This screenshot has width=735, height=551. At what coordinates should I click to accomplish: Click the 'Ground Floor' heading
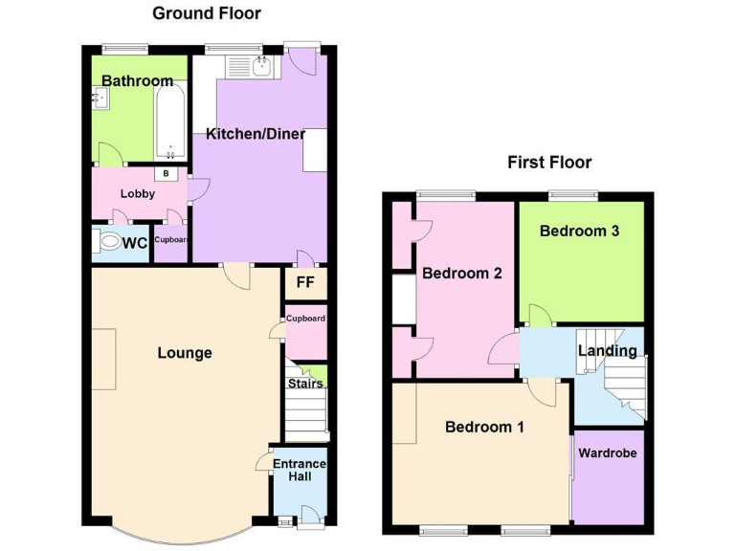point(207,13)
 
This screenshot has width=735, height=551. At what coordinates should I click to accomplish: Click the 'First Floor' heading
point(549,163)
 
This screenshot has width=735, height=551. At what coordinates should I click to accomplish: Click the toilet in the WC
point(110,244)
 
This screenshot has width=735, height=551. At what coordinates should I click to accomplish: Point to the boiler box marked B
point(167,174)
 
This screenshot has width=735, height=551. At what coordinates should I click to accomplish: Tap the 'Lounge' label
point(185,353)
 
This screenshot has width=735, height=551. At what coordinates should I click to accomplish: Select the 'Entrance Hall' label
point(300,471)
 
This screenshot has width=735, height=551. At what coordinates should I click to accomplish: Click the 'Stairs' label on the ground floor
point(306,384)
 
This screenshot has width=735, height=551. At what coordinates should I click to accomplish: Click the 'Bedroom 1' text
point(484,427)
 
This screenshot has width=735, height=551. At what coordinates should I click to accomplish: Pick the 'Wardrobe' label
point(607,452)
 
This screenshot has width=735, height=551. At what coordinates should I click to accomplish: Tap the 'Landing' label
point(607,351)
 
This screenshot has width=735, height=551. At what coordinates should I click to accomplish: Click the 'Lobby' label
point(138,194)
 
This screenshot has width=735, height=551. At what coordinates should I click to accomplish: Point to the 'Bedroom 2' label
point(462,273)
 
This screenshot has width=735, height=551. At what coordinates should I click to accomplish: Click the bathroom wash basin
point(100,98)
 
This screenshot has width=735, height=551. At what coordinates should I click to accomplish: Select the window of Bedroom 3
point(572,196)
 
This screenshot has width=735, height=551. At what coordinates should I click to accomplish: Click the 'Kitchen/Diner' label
point(256,134)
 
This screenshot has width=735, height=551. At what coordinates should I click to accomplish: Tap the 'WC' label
point(135,243)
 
